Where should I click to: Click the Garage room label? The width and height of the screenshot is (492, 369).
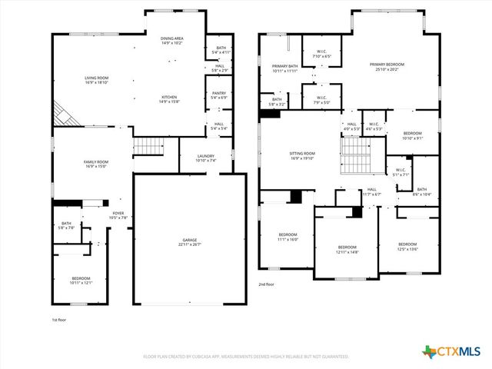190,243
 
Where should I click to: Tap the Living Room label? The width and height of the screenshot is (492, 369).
96,81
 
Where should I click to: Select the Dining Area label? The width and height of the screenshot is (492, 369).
171,41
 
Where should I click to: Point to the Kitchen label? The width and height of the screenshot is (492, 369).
169,100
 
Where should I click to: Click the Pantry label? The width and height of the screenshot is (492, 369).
219,95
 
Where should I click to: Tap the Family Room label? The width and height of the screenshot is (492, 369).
96,164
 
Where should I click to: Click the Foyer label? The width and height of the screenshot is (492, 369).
118,215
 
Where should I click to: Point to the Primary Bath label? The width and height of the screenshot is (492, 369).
284,68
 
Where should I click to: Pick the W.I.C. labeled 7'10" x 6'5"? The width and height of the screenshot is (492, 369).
322,54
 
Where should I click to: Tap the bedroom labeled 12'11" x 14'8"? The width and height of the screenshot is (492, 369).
347,250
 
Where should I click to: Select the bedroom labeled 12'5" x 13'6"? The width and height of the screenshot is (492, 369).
407,246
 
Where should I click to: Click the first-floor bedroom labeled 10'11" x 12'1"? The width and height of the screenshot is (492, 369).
81,281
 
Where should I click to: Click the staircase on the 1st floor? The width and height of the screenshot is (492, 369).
149,146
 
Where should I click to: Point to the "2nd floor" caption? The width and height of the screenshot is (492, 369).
267,284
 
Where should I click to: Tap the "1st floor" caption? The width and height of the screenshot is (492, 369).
60,319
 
